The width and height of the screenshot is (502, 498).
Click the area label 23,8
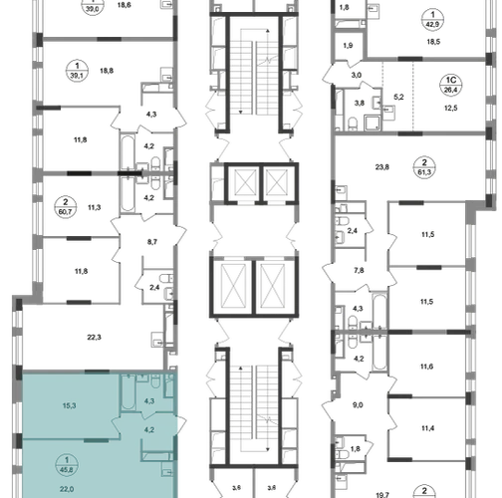pyautogui.click(x=382, y=167)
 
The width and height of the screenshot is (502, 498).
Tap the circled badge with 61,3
pyautogui.click(x=424, y=167)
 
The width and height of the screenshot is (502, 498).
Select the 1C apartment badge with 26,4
pyautogui.click(x=450, y=85)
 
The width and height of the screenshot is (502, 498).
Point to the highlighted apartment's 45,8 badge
pyautogui.click(x=68, y=464)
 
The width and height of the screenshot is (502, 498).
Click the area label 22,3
pyautogui.click(x=95, y=338)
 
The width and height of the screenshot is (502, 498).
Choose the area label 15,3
pyautogui.click(x=69, y=405)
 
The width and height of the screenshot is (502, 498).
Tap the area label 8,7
pyautogui.click(x=152, y=242)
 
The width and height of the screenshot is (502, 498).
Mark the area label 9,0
pyautogui.click(x=358, y=405)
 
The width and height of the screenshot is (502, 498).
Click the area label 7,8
pyautogui.click(x=359, y=270)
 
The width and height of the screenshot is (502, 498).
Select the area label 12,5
pyautogui.click(x=450, y=108)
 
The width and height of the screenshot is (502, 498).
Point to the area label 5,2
pyautogui.click(x=398, y=97)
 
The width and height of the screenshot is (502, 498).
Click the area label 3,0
pyautogui.click(x=357, y=75)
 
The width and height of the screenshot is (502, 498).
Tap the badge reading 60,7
pyautogui.click(x=66, y=207)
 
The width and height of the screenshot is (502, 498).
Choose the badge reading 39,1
pyautogui.click(x=77, y=71)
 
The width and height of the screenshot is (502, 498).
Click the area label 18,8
pyautogui.click(x=107, y=71)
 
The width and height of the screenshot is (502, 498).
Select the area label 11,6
pyautogui.click(x=426, y=367)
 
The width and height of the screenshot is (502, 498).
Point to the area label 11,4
pyautogui.click(x=427, y=428)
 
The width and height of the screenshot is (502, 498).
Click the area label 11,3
pyautogui.click(x=95, y=207)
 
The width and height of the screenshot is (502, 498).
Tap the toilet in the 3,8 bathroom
pyautogui.click(x=353, y=124)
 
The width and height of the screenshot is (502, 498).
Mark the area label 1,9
pyautogui.click(x=348, y=46)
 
